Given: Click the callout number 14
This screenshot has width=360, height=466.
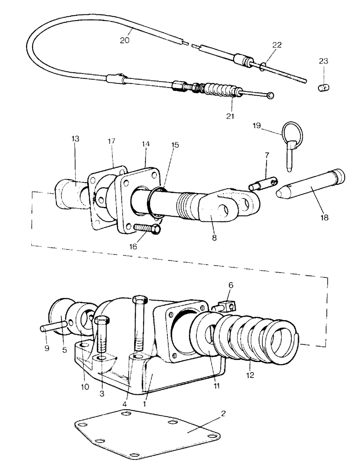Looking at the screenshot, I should (x=146, y=144).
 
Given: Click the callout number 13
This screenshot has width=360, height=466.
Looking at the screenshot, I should (x=76, y=139).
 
